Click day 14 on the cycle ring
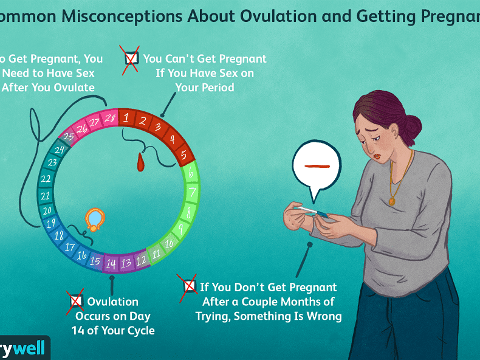(111, 264)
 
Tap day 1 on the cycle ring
(126, 118)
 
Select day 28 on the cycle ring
(109, 118)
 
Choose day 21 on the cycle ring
(45, 195)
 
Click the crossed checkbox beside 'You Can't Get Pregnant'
(131, 59)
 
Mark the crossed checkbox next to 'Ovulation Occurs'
(76, 300)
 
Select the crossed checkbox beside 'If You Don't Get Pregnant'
(188, 287)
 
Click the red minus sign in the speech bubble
(316, 165)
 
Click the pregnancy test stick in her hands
(312, 212)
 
